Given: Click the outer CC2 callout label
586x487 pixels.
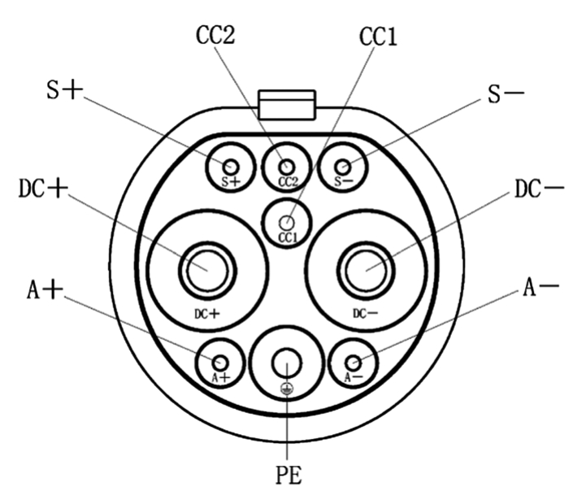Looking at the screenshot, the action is coord(215,36).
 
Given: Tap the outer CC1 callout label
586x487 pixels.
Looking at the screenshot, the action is coord(378,37).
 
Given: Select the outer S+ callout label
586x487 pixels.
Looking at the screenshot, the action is coord(64,90).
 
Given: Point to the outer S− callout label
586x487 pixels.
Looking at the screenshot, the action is coord(506,93).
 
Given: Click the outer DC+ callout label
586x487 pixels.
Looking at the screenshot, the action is coord(43,189).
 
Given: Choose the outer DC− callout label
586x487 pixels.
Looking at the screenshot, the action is coord(540,189).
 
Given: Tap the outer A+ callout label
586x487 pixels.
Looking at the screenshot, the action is coord(45,290).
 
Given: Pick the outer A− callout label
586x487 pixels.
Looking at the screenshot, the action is coord(540,287).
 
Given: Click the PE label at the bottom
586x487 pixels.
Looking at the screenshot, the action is coord(289,475).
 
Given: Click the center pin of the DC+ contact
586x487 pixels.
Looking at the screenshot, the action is coord(207,270).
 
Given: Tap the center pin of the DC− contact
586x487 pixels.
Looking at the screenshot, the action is coord(366,270).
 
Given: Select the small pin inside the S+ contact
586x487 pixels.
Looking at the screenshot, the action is coord(231,167).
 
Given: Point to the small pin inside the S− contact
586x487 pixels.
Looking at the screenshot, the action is coord(344,167).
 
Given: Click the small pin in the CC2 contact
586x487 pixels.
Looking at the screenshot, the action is coord(287,167).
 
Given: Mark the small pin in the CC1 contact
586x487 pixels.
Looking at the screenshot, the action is coord(287,223).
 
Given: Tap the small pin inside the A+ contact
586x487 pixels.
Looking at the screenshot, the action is coord(220,363).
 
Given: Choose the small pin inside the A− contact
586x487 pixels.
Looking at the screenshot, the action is coord(354,363).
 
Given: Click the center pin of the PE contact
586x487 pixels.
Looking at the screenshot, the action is coord(287,363).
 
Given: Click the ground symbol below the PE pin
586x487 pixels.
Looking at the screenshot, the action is coord(287,389).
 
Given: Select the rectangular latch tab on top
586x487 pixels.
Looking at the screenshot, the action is coord(287,105).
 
